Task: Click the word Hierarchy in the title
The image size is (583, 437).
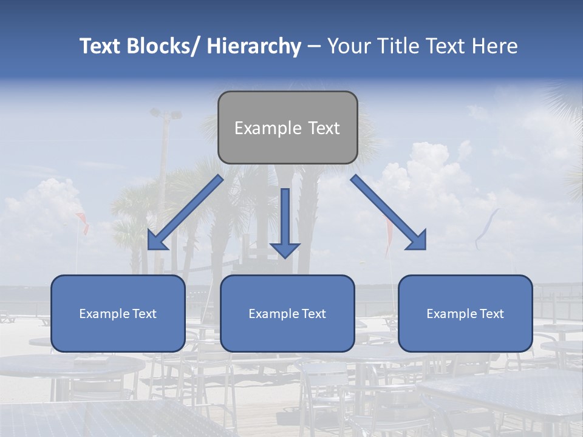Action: pos(254,47)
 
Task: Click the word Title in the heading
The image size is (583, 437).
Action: pos(396,46)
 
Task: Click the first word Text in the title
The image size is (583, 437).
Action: pos(101,46)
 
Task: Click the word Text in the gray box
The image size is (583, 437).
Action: pos(323,128)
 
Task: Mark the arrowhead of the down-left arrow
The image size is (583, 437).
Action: pos(156,241)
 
